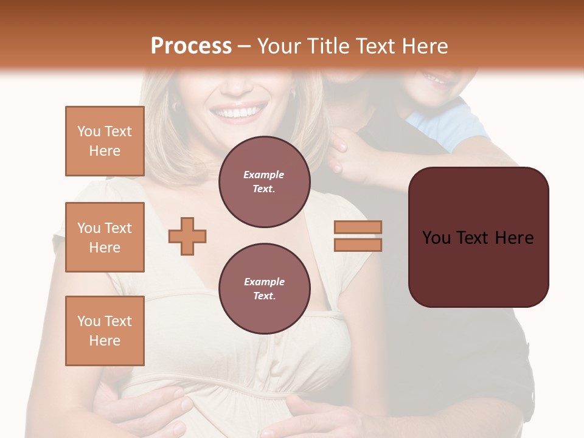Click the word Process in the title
191,46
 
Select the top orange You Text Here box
105,141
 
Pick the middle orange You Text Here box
105,237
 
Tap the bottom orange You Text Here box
105,330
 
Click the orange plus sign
187,236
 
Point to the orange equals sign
358,236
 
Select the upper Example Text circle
264,182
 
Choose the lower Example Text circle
264,289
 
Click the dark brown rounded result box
478,237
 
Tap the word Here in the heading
424,46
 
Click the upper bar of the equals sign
358,228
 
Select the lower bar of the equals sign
358,245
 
